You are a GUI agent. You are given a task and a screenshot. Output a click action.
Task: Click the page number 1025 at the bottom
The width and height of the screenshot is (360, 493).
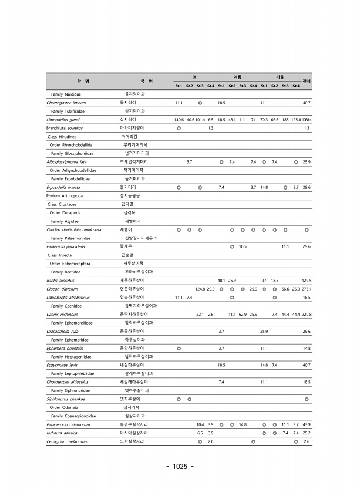pyautogui.click(x=180, y=467)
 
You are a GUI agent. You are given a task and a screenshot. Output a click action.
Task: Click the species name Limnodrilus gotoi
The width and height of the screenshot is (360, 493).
pyautogui.click(x=63, y=119)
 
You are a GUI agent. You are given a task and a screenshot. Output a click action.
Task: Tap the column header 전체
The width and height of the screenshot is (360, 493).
pyautogui.click(x=307, y=81)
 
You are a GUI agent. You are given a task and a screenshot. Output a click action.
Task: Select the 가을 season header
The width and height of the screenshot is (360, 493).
pyautogui.click(x=280, y=77)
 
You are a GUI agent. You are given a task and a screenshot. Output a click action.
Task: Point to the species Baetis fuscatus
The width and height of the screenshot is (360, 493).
pyautogui.click(x=60, y=281)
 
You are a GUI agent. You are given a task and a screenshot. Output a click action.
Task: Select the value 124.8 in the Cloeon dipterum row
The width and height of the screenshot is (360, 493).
pyautogui.click(x=200, y=289)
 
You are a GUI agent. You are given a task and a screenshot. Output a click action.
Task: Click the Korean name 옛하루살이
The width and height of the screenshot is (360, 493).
pyautogui.click(x=130, y=399)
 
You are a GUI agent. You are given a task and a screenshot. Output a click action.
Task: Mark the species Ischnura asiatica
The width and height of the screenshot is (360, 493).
pyautogui.click(x=63, y=433)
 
